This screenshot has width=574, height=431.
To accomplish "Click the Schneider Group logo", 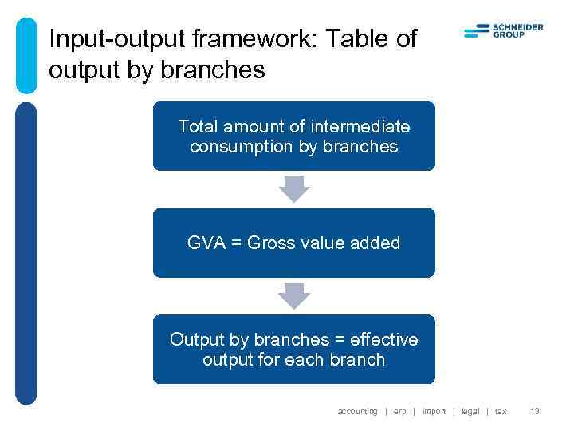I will click(x=503, y=31).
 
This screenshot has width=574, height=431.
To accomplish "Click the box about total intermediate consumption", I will click(x=293, y=136).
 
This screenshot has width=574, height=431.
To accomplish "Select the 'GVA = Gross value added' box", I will click(x=293, y=243).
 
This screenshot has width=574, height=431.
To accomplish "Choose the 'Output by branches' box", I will click(x=293, y=350).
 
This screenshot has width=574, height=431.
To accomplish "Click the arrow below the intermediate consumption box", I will click(x=293, y=189).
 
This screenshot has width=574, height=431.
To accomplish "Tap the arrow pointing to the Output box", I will click(x=293, y=296).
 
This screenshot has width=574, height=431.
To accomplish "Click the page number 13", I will click(x=535, y=411).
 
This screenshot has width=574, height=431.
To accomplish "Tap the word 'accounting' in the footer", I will click(x=357, y=411).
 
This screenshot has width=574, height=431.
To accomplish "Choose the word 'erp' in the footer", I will click(x=399, y=411).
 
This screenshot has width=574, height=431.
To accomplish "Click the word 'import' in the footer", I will click(x=434, y=411).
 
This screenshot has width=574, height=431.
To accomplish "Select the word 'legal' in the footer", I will click(x=470, y=411).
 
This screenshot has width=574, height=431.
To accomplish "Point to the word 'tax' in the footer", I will click(x=501, y=411).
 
